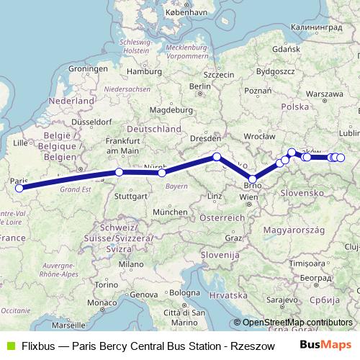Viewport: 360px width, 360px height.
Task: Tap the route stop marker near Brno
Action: [253, 179]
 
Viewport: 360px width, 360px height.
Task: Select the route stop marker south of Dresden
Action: [217, 157]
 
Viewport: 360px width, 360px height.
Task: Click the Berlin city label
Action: [199, 86]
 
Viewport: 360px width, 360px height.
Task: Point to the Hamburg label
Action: [141, 71]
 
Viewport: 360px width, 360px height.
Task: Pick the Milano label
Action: [131, 264]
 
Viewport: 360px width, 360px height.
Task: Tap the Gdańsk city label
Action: [286, 50]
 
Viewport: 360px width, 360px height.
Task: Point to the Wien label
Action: [248, 197]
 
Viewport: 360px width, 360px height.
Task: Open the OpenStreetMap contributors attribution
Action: [297, 323]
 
